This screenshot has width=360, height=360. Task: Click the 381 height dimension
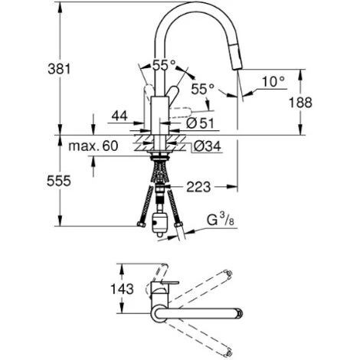click(x=59, y=69)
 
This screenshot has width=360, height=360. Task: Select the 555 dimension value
click(x=59, y=182)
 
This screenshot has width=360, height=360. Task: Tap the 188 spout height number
click(x=300, y=103)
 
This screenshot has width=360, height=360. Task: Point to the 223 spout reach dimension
click(x=198, y=187)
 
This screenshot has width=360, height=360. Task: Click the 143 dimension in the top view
click(x=122, y=290)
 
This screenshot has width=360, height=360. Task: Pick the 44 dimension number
click(x=119, y=116)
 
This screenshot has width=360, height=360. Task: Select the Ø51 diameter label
click(x=200, y=123)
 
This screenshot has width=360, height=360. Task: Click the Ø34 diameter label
click(x=207, y=146)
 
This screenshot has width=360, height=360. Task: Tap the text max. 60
click(x=93, y=146)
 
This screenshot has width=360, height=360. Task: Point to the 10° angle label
click(x=273, y=82)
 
